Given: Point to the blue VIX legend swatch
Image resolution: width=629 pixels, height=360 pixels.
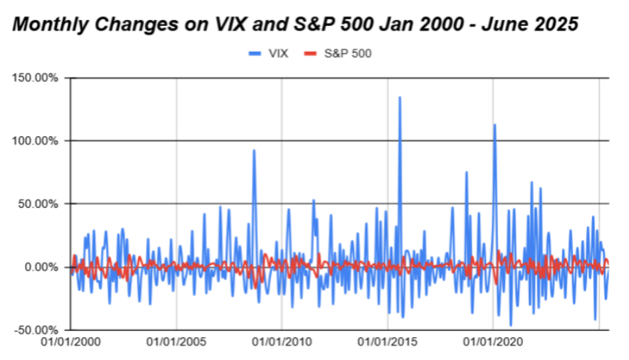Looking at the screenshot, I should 255,54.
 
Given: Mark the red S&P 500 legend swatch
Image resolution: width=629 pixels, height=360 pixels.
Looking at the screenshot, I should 311,54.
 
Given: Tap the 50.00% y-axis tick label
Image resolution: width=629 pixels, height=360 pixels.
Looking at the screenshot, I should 40,204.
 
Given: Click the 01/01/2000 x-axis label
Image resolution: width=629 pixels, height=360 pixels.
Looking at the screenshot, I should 71,343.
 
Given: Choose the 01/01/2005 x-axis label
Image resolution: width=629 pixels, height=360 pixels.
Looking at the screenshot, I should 176,343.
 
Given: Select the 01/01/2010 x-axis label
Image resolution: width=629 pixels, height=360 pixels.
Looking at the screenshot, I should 282,343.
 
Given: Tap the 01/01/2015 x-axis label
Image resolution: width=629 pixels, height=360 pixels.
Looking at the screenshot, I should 387,343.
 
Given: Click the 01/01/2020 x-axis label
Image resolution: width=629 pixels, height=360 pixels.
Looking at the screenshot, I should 493,343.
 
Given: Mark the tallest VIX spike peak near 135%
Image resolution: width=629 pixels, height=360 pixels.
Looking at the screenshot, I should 400,97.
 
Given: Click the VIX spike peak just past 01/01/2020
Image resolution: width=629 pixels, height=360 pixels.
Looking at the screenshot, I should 495,125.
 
